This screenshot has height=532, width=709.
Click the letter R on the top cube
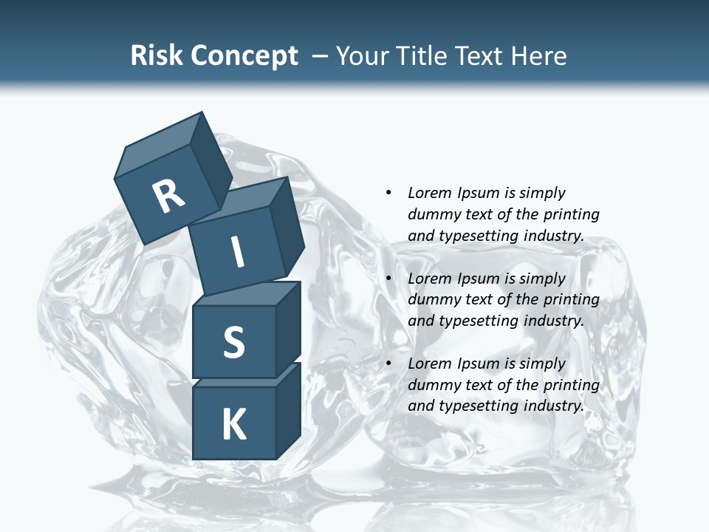(x=168, y=196)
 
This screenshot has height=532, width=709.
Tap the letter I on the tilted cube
(x=237, y=252)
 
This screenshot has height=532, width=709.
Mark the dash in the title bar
(x=321, y=56)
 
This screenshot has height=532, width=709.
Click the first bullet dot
(x=388, y=193)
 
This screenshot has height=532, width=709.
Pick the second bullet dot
(x=388, y=279)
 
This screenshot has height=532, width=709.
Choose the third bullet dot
(x=388, y=364)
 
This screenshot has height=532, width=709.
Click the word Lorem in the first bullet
(x=429, y=193)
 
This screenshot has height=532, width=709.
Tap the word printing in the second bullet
(x=571, y=299)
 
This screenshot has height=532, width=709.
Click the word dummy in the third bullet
(x=431, y=385)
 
